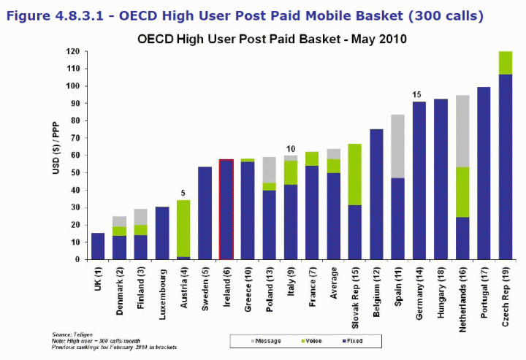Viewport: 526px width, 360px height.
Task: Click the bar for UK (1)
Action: point(98,246)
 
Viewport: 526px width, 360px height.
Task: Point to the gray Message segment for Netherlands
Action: point(462,131)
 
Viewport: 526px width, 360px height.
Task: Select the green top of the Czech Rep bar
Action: point(505,63)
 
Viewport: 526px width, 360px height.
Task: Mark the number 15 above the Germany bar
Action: point(416,95)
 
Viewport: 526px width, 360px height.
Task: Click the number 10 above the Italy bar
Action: point(291,148)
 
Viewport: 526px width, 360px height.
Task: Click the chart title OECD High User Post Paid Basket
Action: point(272,38)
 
